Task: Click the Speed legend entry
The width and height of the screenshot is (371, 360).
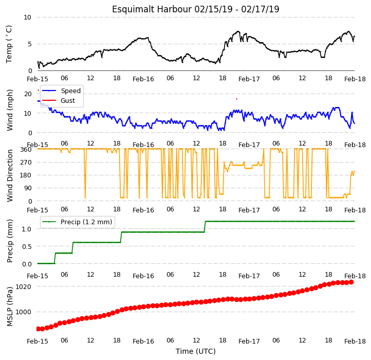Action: point(62,91)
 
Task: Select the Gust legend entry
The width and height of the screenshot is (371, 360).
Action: point(59,100)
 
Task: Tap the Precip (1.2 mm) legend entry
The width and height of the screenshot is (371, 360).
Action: point(77,222)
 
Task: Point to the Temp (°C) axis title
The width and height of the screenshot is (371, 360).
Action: point(9,44)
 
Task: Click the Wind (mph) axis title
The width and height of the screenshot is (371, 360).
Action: point(9,110)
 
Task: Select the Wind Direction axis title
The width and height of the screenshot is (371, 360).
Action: point(9,175)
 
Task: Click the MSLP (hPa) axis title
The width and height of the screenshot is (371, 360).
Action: point(9,307)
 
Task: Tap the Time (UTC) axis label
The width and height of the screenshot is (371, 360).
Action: point(196,351)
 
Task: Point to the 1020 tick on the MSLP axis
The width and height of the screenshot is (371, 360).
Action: point(23,286)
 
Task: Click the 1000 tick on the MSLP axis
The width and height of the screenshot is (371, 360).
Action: point(23,312)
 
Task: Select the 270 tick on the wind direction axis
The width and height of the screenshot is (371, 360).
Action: point(27,163)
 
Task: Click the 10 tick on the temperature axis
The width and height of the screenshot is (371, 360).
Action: point(27,17)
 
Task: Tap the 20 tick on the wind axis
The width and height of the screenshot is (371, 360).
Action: point(28,94)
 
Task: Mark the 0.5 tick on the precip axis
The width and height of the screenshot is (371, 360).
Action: point(27,246)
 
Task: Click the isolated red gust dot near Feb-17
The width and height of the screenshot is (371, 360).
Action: point(236,99)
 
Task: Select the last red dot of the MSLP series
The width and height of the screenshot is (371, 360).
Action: point(351,282)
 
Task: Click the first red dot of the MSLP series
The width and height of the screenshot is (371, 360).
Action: point(39,329)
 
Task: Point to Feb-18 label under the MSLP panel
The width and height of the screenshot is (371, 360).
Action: point(355,341)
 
